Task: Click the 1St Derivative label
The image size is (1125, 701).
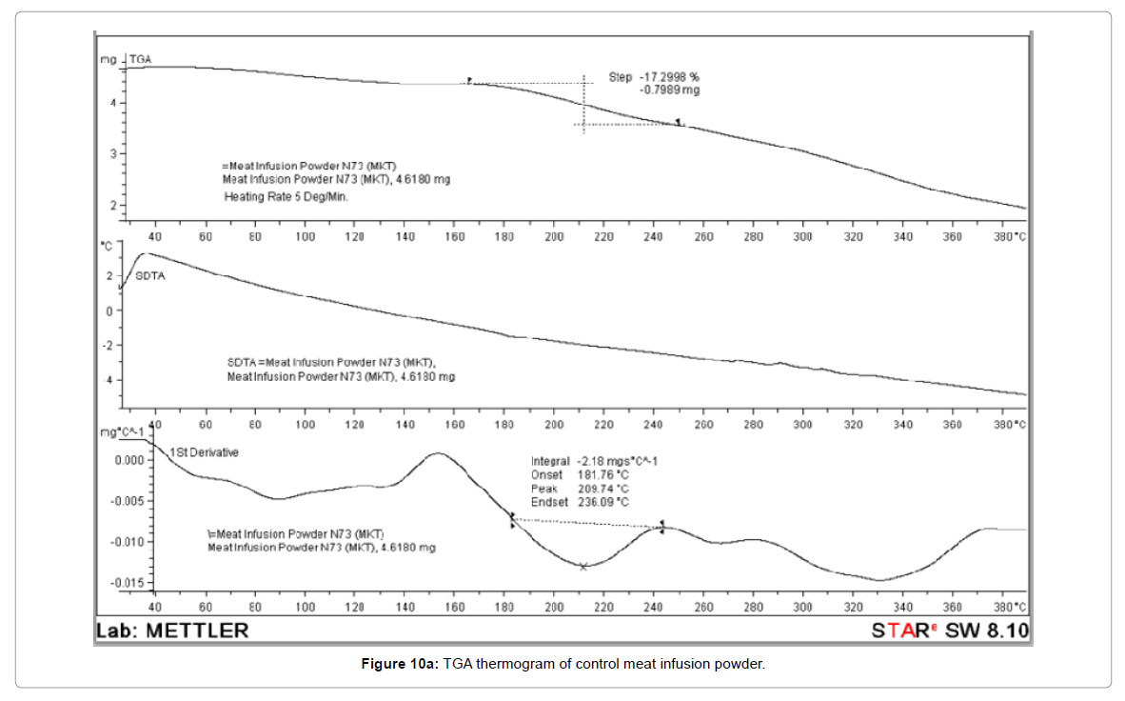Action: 205,452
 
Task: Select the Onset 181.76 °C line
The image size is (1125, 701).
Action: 580,474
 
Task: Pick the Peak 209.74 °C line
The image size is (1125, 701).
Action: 580,488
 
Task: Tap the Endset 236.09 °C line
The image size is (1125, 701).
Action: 580,501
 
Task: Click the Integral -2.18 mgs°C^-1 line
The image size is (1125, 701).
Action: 594,461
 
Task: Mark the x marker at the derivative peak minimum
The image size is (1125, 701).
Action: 583,567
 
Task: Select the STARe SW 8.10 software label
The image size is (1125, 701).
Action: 950,630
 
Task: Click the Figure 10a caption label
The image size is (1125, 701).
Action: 397,664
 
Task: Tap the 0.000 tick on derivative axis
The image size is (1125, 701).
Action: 130,460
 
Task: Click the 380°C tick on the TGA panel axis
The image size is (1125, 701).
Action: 1009,236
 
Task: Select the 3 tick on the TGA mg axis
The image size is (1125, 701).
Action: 112,154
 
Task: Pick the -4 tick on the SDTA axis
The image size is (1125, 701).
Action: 109,380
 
